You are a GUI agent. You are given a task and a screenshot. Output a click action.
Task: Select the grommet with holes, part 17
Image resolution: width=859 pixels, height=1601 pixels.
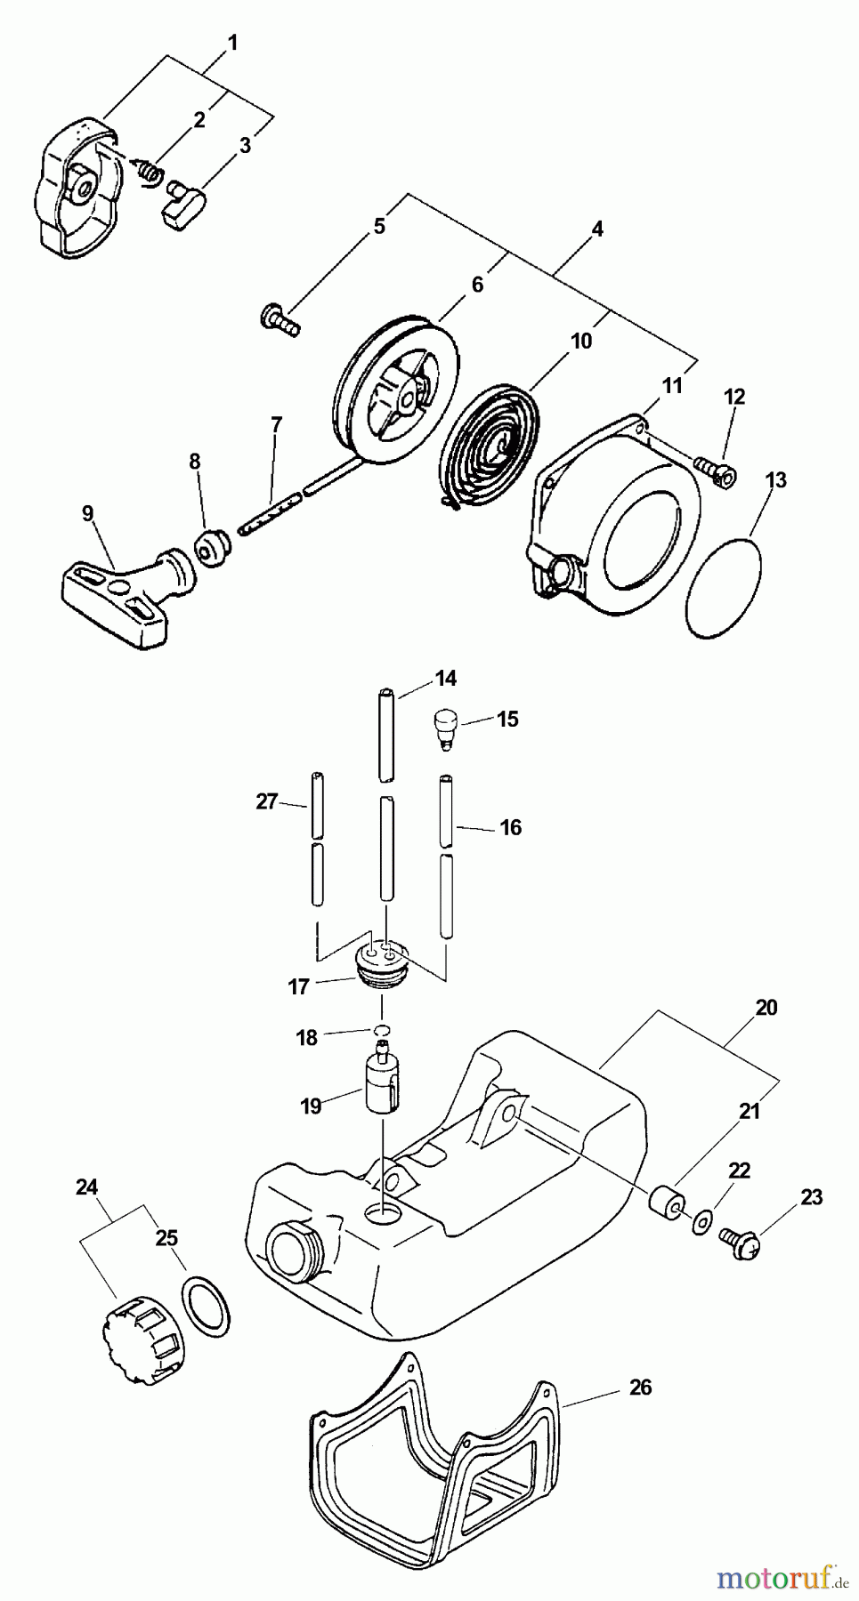pos(382,964)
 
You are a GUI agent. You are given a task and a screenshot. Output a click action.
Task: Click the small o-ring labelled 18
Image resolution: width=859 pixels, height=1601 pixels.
pos(383,1030)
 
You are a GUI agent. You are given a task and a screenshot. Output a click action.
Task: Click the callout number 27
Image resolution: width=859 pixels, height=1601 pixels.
pos(266,802)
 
